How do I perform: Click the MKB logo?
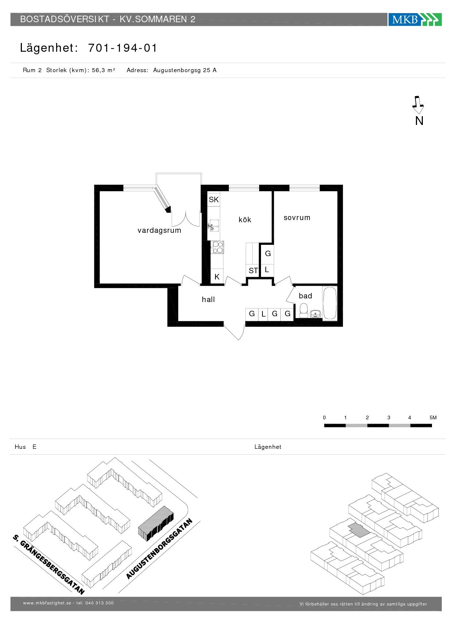415,19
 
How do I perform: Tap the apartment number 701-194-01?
122,48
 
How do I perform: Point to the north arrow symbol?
418,105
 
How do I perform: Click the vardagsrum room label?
159,230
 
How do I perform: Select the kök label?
245,220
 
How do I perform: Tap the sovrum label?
297,217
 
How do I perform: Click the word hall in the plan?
208,299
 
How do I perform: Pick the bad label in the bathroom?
305,296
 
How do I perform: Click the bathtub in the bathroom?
330,303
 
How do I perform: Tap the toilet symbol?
304,310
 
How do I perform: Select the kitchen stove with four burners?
218,247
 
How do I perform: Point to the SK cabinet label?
214,200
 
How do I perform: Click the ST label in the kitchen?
253,271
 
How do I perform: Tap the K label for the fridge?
217,277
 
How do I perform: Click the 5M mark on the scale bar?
433,417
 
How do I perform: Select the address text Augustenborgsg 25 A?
185,70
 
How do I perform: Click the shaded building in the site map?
156,524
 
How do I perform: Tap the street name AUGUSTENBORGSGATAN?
159,549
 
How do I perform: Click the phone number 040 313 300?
100,603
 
